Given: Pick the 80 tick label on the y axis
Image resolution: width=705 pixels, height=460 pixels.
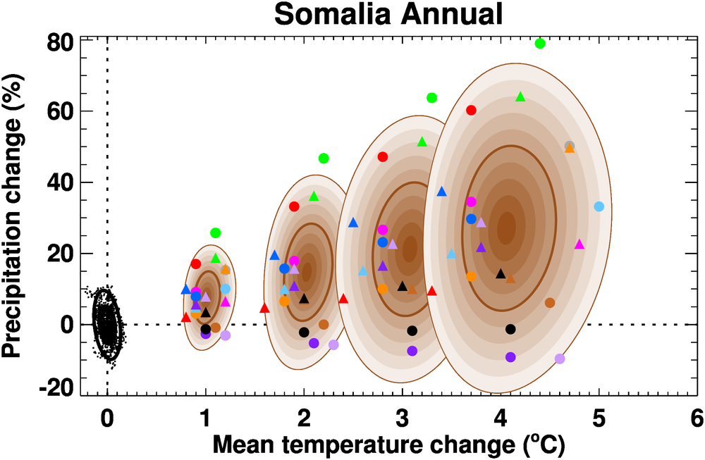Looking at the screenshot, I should tap(59, 42).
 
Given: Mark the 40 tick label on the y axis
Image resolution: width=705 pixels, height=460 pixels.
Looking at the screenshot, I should tap(59, 182).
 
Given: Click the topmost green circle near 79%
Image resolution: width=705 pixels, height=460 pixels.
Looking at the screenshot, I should tap(540, 44).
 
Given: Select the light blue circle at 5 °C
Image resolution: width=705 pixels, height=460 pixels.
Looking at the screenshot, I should tap(599, 206).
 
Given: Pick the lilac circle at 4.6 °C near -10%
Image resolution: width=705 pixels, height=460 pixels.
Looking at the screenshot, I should tap(560, 359).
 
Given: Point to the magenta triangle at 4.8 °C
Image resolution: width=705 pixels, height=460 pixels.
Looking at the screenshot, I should tap(580, 244).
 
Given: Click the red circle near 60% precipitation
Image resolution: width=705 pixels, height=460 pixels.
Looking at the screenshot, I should tap(471, 110).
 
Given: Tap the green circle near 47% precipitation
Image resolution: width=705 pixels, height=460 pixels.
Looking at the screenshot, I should tap(324, 158).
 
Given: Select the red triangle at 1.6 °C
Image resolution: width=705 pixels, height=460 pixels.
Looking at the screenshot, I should tap(264, 308).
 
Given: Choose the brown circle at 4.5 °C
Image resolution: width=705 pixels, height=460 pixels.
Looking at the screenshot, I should tap(550, 303).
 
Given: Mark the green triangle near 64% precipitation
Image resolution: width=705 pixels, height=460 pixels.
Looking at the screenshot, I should tap(520, 97).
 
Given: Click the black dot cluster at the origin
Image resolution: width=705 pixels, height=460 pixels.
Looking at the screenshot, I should tap(106, 324).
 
